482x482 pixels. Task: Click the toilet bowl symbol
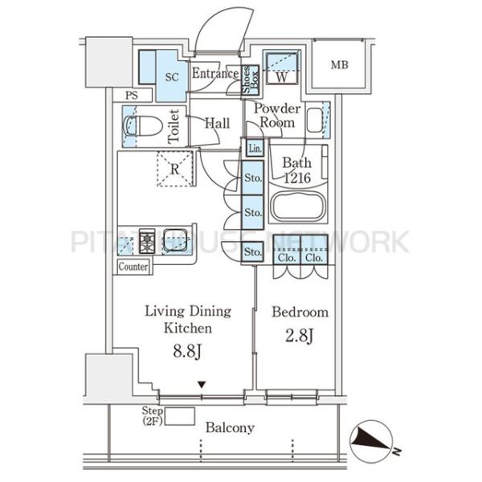(143, 126)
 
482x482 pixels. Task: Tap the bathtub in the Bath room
(297, 206)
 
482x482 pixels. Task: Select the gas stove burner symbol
(147, 241)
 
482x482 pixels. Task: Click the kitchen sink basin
(175, 240)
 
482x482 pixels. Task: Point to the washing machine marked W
(282, 68)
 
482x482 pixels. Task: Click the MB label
(339, 65)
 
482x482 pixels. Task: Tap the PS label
(132, 96)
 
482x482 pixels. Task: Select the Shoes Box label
(250, 80)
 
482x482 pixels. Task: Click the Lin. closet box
(255, 149)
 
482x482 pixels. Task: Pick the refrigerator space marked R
(174, 169)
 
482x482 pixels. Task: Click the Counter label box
(133, 267)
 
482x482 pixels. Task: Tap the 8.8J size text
(187, 351)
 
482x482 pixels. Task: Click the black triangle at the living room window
(202, 385)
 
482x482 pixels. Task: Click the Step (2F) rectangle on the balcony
(180, 416)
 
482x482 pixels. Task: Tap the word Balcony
(230, 428)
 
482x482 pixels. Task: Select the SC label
(172, 77)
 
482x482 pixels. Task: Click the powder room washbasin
(314, 120)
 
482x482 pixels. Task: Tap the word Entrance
(215, 73)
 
